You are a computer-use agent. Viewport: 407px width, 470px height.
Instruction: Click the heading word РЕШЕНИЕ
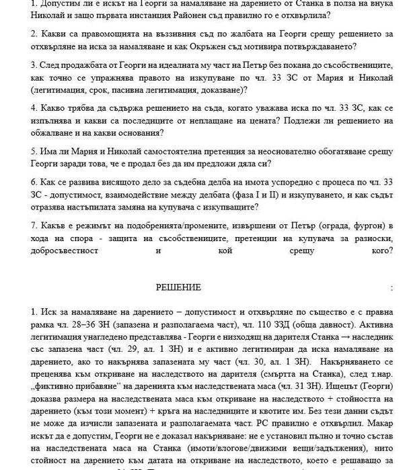pos(178,287)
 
